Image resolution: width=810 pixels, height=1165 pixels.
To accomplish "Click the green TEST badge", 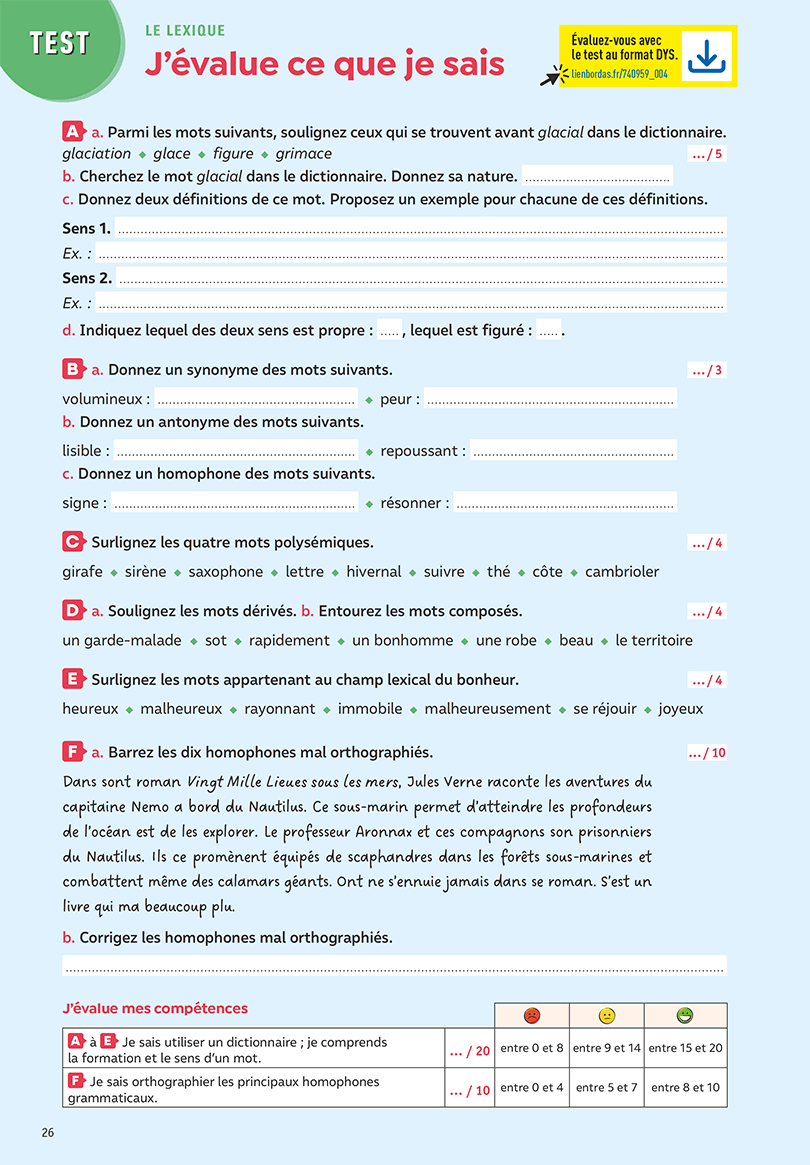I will [x=59, y=43].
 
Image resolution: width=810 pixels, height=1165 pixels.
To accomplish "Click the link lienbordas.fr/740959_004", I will [x=619, y=75].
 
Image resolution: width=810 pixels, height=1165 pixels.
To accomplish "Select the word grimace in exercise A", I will [x=304, y=154].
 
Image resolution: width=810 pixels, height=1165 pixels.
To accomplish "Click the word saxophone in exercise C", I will [x=226, y=572].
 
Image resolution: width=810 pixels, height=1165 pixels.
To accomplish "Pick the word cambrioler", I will [x=622, y=572].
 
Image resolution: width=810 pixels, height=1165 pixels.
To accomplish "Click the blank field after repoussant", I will [x=573, y=451].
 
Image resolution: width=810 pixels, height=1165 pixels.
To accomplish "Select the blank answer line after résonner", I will [x=565, y=503].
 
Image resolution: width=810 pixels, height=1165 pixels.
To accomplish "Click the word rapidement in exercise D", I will [x=289, y=640].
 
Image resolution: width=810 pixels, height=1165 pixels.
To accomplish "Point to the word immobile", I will [x=370, y=709].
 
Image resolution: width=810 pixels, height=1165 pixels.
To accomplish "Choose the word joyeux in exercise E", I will [x=681, y=709].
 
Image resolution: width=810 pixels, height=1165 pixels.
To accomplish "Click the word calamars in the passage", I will [x=265, y=882].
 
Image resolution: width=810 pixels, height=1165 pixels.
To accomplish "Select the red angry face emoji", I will [x=532, y=1016].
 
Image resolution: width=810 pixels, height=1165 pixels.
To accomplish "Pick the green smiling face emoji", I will [x=685, y=1016].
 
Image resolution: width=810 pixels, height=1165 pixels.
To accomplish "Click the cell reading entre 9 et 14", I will [x=607, y=1048].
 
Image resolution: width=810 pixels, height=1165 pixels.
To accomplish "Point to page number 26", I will [x=49, y=1133].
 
